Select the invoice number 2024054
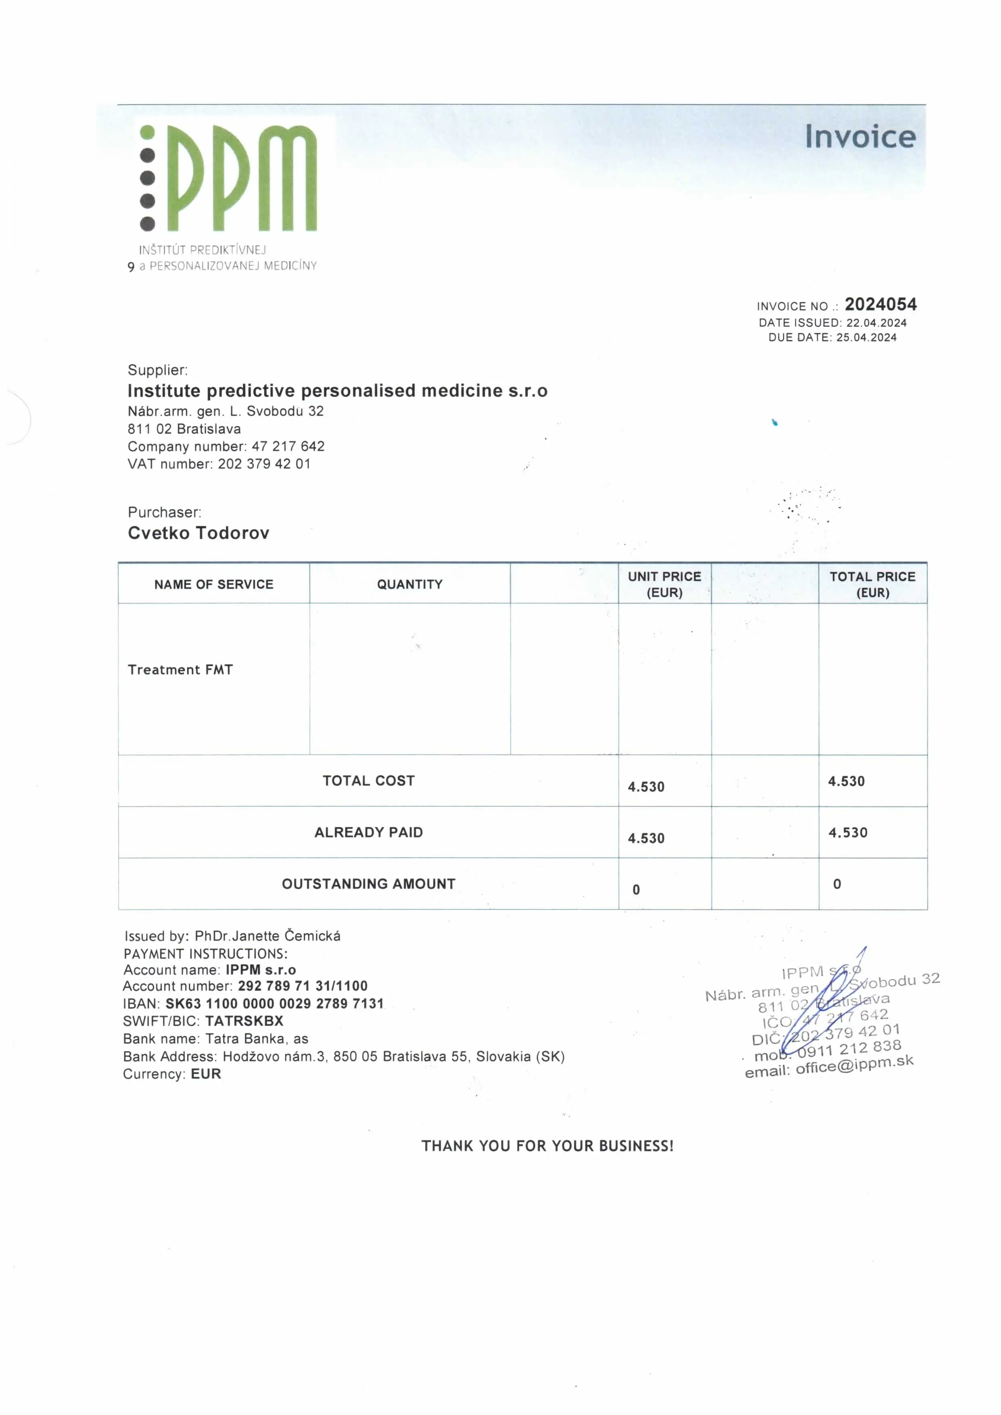click(880, 305)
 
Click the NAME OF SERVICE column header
click(213, 584)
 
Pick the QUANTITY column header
click(410, 584)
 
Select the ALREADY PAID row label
click(369, 832)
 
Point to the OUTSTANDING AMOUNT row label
click(369, 884)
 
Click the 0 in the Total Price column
click(837, 884)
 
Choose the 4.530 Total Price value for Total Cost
click(846, 781)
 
